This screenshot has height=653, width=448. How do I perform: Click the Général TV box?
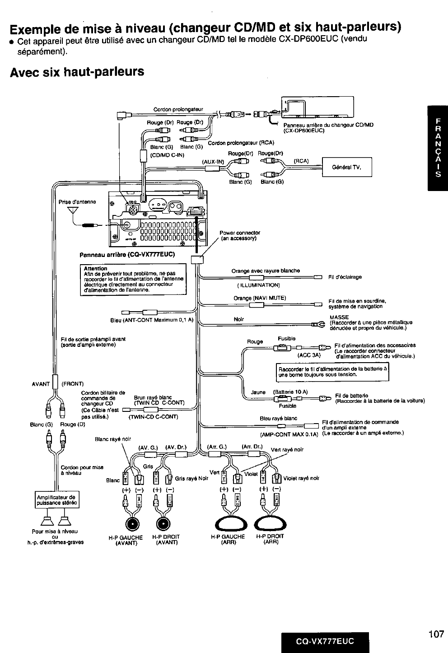[346, 167]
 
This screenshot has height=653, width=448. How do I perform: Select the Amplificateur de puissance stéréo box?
[57, 499]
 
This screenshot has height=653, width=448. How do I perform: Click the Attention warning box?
[133, 280]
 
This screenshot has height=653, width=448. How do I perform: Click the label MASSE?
[339, 317]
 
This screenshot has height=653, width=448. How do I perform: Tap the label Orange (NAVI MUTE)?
[260, 298]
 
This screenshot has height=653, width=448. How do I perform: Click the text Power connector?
[240, 233]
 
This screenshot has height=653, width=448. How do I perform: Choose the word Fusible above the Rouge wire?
[286, 338]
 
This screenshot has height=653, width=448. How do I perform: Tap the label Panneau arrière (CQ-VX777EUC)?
[127, 254]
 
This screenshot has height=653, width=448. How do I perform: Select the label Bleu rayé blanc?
[278, 418]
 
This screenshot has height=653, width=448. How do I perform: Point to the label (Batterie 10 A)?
[290, 392]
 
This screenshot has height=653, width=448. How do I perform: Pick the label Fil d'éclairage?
[345, 277]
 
